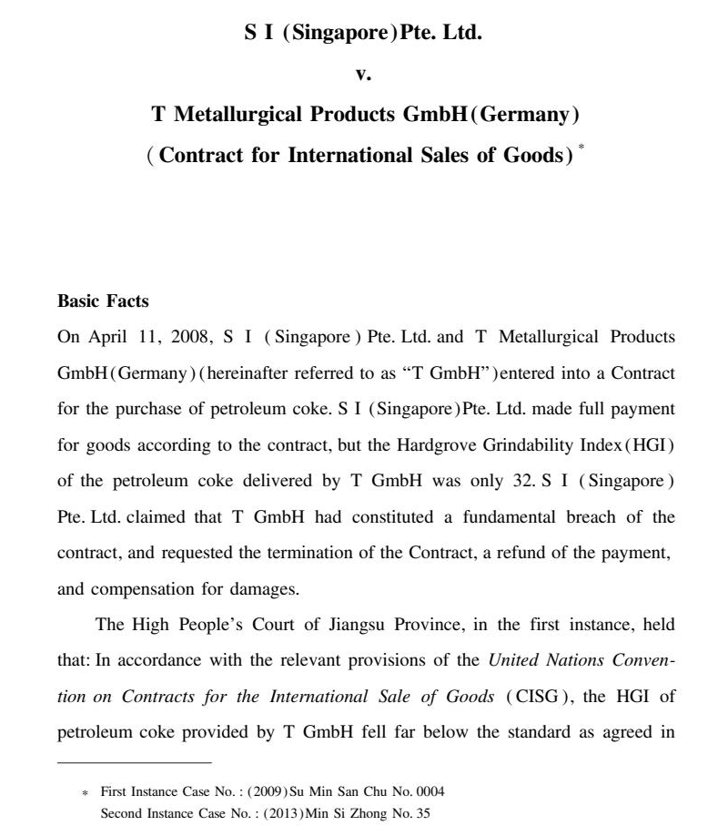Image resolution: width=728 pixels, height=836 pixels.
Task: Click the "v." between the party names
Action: coord(363,76)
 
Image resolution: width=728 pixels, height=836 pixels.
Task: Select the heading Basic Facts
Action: coord(103,301)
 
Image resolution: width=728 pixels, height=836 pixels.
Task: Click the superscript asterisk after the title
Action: coord(581,147)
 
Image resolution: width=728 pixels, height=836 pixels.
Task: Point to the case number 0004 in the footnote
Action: coord(428,791)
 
